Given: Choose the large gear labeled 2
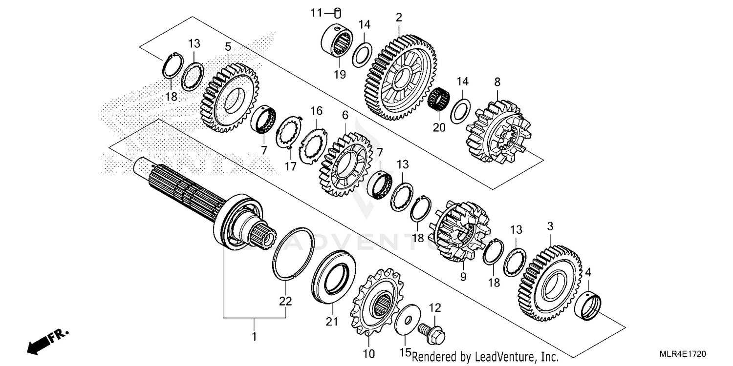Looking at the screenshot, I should coord(401,78).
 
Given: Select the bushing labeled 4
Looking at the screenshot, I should coord(589,306).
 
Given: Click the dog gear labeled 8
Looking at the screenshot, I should coord(496,132).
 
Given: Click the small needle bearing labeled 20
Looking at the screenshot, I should coord(438,96).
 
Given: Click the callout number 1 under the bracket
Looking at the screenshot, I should coord(254,337).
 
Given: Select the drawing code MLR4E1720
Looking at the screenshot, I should coord(685,353).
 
